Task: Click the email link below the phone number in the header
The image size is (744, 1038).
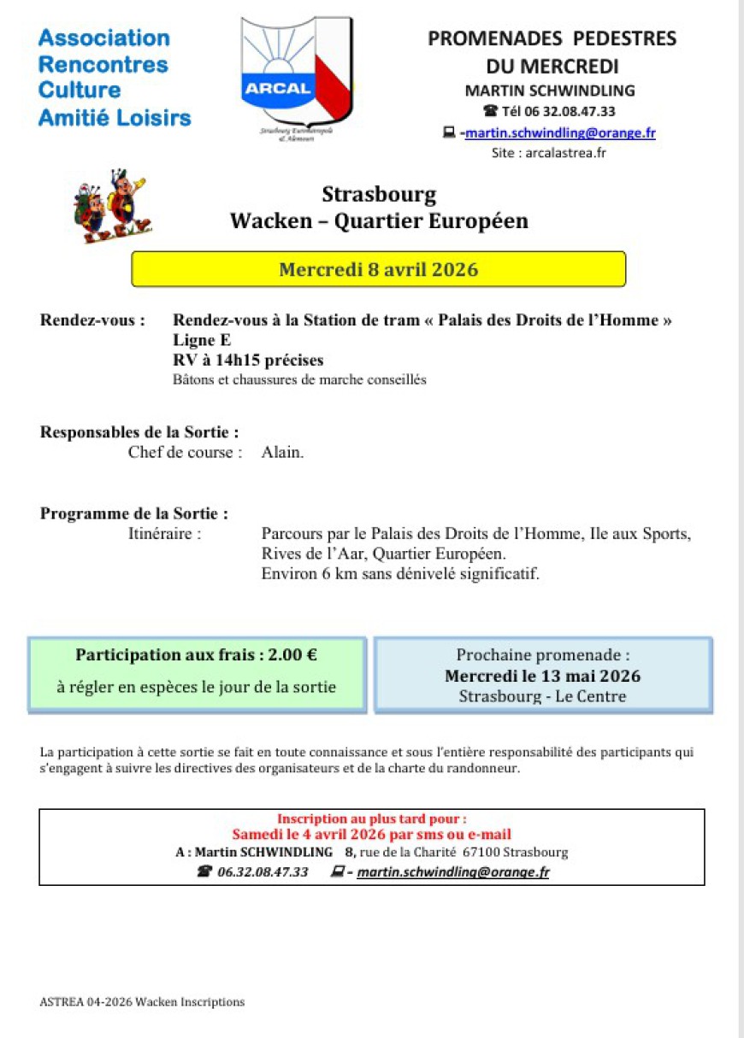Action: click(x=560, y=132)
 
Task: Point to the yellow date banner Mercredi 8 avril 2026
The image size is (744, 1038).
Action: click(x=378, y=269)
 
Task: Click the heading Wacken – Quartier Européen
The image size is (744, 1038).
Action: click(x=379, y=221)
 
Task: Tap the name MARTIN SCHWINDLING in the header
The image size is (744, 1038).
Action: click(x=550, y=91)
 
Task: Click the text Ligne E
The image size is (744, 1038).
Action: click(x=196, y=340)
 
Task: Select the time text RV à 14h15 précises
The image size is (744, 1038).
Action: click(x=248, y=360)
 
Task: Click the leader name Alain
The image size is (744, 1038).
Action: click(x=282, y=453)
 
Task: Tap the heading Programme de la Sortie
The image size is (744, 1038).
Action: click(x=134, y=513)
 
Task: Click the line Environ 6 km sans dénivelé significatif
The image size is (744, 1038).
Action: click(x=400, y=573)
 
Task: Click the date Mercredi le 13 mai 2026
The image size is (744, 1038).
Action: click(x=542, y=676)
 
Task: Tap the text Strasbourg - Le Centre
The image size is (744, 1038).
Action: click(x=542, y=696)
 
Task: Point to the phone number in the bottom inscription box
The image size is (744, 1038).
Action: click(x=263, y=871)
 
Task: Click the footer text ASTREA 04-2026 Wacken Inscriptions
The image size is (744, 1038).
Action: click(x=142, y=1002)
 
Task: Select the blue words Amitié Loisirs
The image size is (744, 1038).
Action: click(x=115, y=118)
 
